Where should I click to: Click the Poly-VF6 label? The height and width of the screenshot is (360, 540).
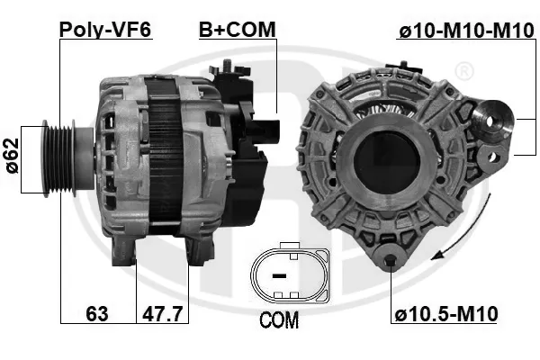[x=105, y=30]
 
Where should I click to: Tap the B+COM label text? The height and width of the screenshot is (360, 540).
[x=237, y=30]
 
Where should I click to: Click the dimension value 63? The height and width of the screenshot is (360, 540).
[x=98, y=314]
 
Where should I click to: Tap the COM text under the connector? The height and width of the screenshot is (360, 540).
[x=278, y=319]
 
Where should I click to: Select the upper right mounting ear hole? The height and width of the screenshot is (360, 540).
[x=492, y=118]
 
